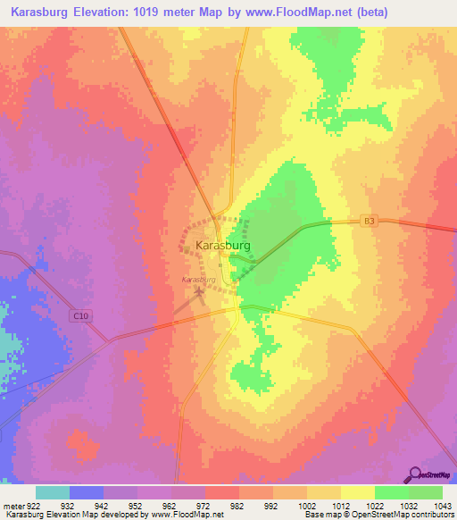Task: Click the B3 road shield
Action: (370, 220)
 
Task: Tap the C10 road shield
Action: (79, 315)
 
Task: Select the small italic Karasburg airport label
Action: (199, 280)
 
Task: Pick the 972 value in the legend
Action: (203, 505)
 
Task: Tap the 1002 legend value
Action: (305, 505)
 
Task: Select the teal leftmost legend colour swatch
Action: (53, 492)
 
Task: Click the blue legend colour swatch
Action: (87, 492)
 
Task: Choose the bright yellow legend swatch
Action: (357, 492)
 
